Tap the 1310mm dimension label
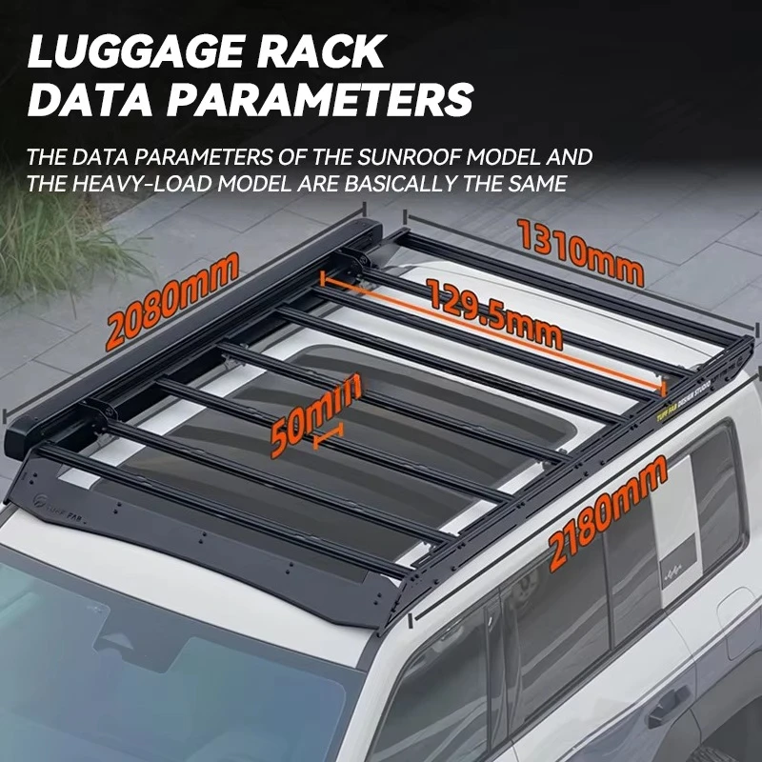click(580, 251)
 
